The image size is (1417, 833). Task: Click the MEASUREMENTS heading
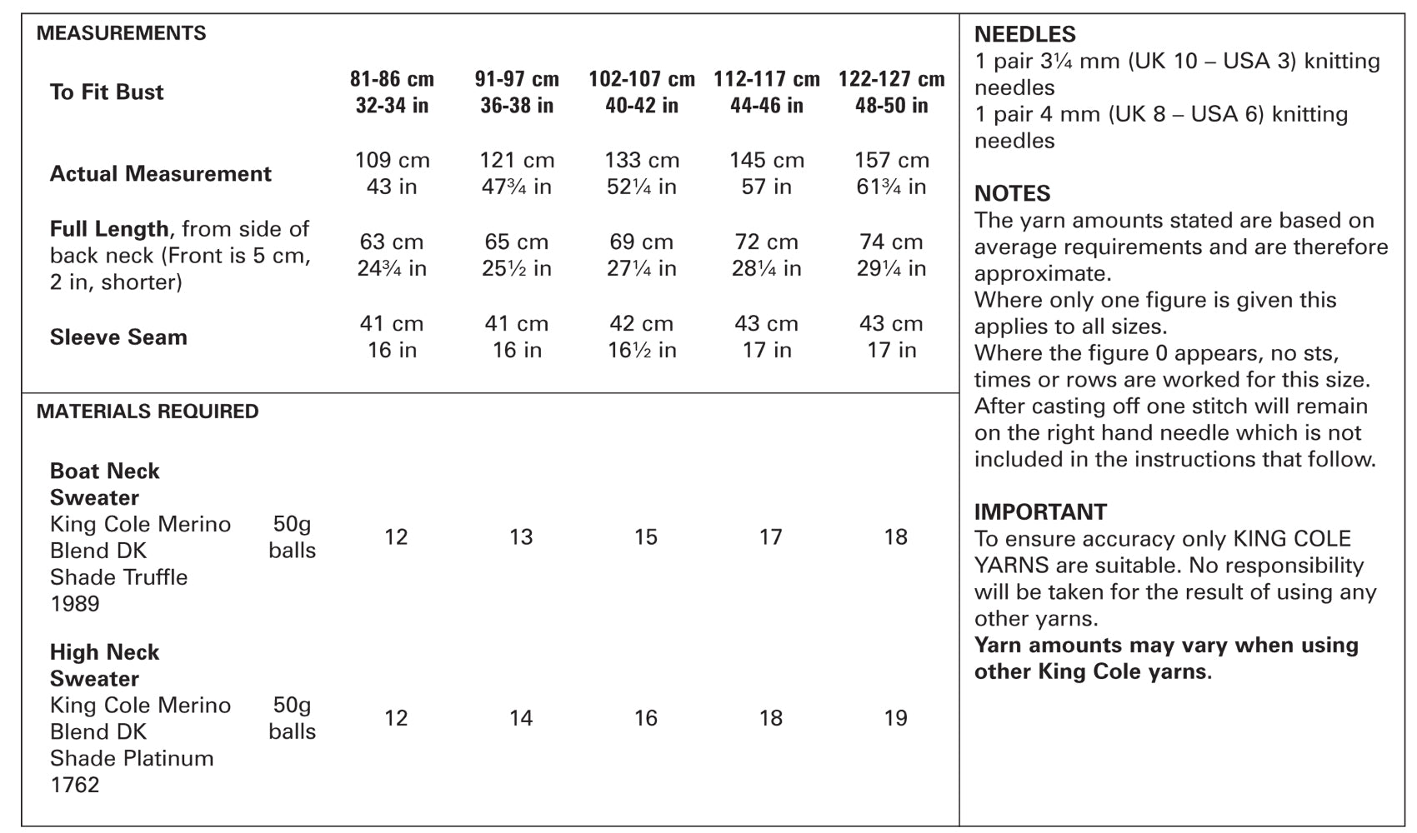tap(122, 32)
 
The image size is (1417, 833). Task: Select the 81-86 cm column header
tap(393, 79)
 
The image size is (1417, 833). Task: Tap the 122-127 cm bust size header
tap(892, 79)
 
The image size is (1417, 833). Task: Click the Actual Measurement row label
tap(161, 173)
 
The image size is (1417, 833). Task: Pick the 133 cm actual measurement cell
tap(642, 160)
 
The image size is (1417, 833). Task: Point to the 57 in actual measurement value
tap(767, 187)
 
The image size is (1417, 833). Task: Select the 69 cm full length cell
tap(642, 242)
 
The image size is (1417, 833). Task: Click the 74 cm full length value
tap(891, 242)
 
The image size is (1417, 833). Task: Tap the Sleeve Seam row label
tap(118, 337)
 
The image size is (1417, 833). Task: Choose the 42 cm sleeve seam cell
tap(642, 323)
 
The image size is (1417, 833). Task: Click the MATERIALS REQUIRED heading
tap(148, 412)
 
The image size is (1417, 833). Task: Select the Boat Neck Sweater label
tap(105, 484)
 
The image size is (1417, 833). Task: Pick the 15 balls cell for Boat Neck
tap(646, 537)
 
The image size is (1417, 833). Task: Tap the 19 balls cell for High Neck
tap(896, 718)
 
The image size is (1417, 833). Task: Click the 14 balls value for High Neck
tap(521, 718)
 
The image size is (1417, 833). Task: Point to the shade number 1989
tap(75, 604)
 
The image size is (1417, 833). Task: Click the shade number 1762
tap(75, 785)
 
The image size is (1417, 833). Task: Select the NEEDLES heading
tap(1024, 34)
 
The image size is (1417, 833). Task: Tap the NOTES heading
tap(1012, 193)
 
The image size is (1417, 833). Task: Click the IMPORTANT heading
tap(1040, 512)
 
